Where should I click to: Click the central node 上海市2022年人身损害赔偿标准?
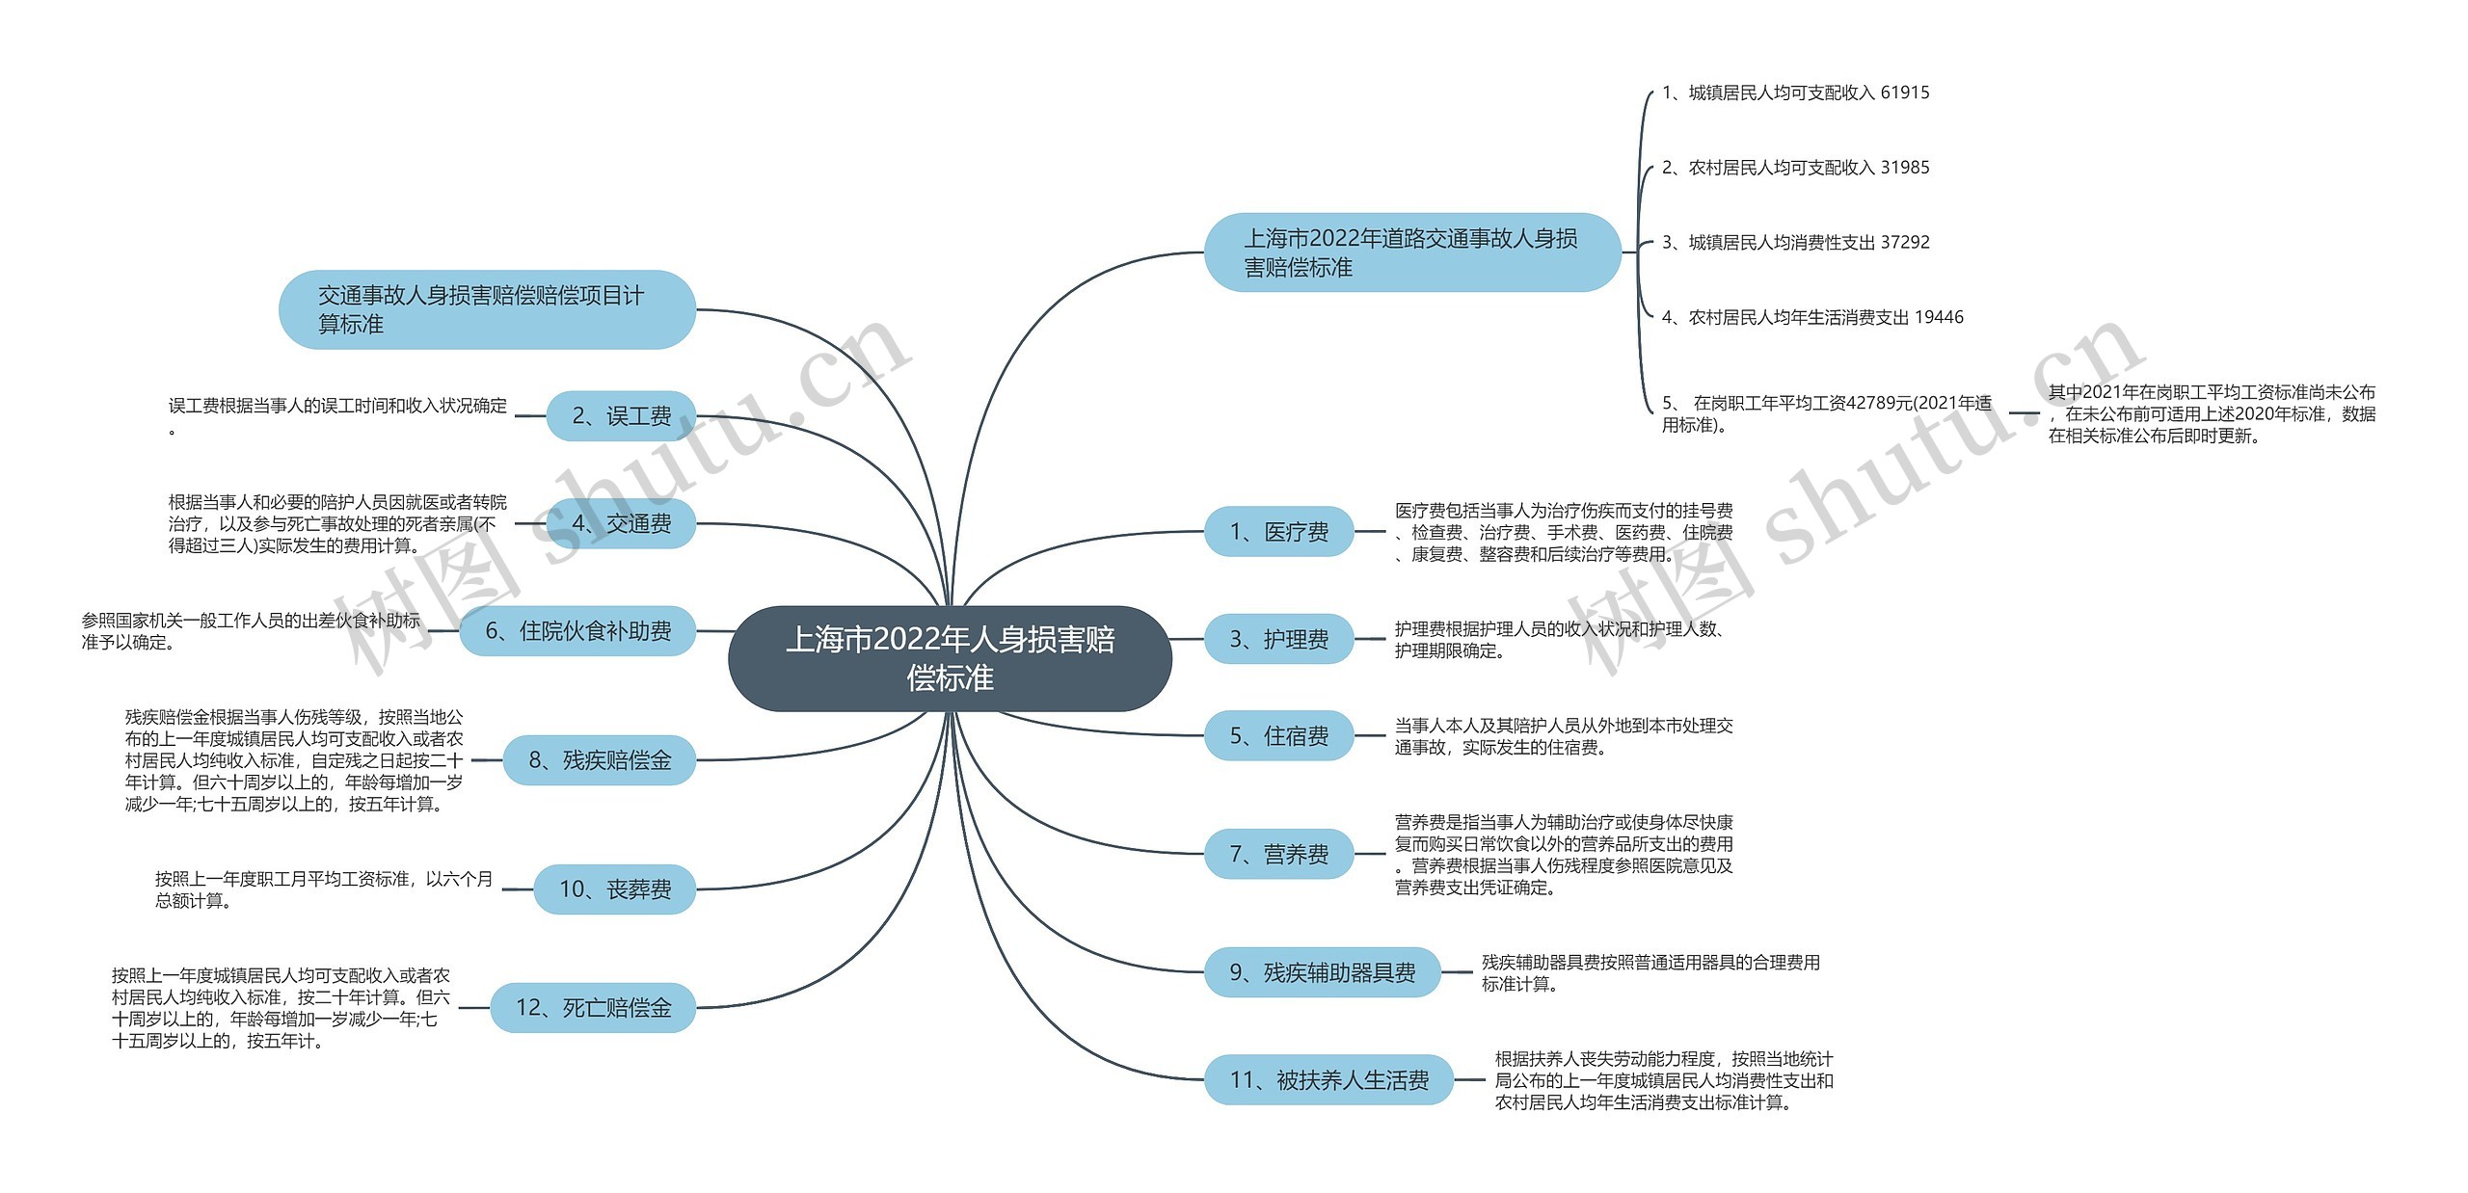(x=950, y=658)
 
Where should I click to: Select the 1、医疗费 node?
(x=1278, y=531)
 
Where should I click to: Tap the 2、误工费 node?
(x=621, y=416)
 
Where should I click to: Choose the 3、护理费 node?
(x=1278, y=639)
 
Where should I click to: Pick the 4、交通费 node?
(x=621, y=523)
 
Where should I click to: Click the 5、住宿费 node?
(x=1278, y=736)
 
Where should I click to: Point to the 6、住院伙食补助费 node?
(x=577, y=631)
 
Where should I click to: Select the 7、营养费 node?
(x=1278, y=854)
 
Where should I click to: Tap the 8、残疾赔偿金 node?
(x=599, y=760)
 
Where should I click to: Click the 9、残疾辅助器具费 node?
(x=1322, y=972)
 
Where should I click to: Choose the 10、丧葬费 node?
(x=614, y=888)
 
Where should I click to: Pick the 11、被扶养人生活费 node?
(x=1328, y=1080)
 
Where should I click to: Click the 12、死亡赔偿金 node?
(x=593, y=1008)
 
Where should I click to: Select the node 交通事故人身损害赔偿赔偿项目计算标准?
(x=487, y=309)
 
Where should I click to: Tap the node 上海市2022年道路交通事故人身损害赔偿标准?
(x=1411, y=252)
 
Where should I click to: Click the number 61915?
(x=1905, y=93)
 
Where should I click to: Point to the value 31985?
(x=1905, y=168)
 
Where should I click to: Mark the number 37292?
(x=1905, y=242)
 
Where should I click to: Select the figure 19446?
(x=1939, y=317)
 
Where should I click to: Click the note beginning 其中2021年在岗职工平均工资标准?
(x=2212, y=414)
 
